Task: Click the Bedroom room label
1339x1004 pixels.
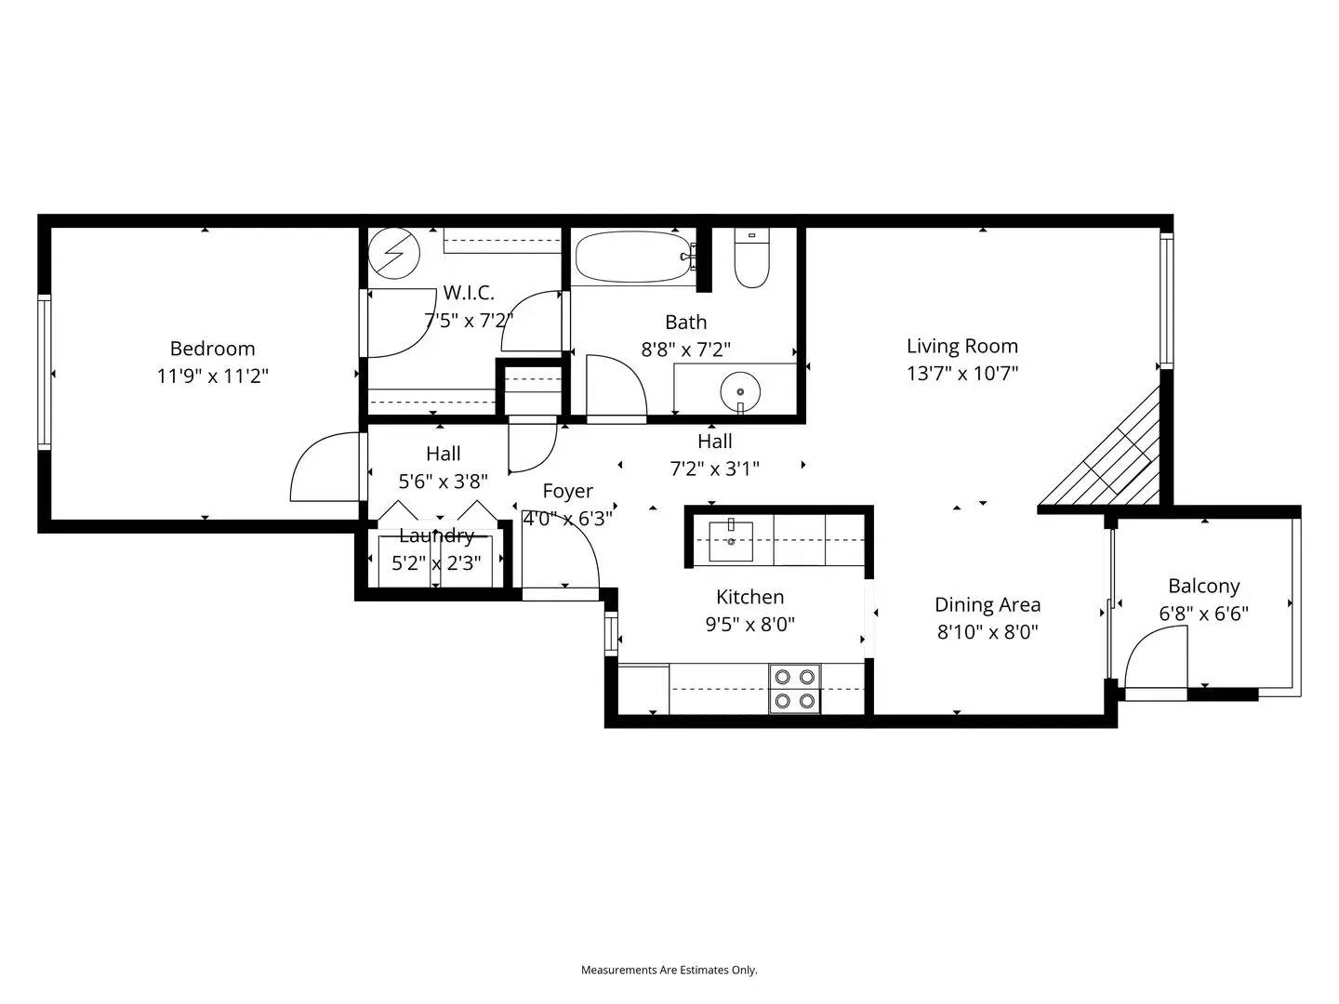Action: point(212,349)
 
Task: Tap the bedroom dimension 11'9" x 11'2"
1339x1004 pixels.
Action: point(212,376)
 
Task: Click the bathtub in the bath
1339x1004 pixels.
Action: point(632,257)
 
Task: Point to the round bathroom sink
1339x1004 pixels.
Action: point(740,390)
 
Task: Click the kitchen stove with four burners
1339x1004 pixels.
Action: point(795,689)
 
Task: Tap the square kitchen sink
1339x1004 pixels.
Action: point(731,541)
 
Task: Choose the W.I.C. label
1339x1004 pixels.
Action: point(469,293)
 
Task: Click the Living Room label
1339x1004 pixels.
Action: point(962,346)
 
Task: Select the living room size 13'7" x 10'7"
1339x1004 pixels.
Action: point(962,374)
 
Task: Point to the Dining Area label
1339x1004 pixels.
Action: point(988,605)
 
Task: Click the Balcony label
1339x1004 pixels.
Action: point(1204,587)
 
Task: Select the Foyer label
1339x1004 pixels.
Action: point(567,491)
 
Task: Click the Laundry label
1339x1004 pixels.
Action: point(436,535)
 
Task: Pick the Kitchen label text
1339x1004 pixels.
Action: point(749,597)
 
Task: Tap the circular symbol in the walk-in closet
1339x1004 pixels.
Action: point(394,253)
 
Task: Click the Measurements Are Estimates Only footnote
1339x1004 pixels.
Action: point(669,970)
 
